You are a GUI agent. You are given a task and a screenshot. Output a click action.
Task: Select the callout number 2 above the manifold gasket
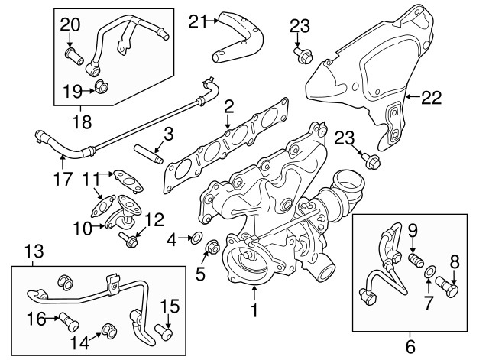coord(228,107)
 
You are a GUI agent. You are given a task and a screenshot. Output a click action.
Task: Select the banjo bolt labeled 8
coord(450,290)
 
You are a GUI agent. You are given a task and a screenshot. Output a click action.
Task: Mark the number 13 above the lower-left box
coord(34,253)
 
